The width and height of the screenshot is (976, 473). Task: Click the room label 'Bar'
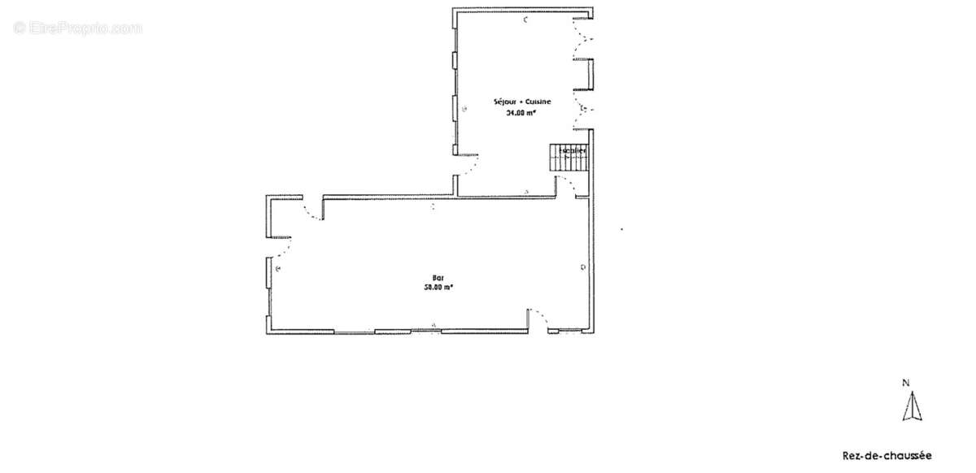tap(438, 277)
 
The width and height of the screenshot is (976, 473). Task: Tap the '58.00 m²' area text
tap(438, 286)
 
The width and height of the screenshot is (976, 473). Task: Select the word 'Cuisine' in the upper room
tap(538, 102)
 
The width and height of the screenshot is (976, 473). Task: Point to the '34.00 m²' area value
tap(521, 114)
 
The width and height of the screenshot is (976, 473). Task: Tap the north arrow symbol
tap(912, 406)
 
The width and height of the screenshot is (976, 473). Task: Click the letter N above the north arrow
tap(905, 383)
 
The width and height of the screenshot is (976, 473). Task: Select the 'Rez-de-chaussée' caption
tap(887, 456)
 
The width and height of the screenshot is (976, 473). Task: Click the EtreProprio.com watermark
tap(78, 28)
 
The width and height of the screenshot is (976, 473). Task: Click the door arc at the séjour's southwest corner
tap(469, 166)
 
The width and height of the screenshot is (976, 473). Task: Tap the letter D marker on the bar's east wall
tap(582, 268)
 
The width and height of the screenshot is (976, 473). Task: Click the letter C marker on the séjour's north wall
tap(526, 19)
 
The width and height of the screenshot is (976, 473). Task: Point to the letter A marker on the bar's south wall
tap(434, 325)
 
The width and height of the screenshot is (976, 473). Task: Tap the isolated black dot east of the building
tap(622, 229)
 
